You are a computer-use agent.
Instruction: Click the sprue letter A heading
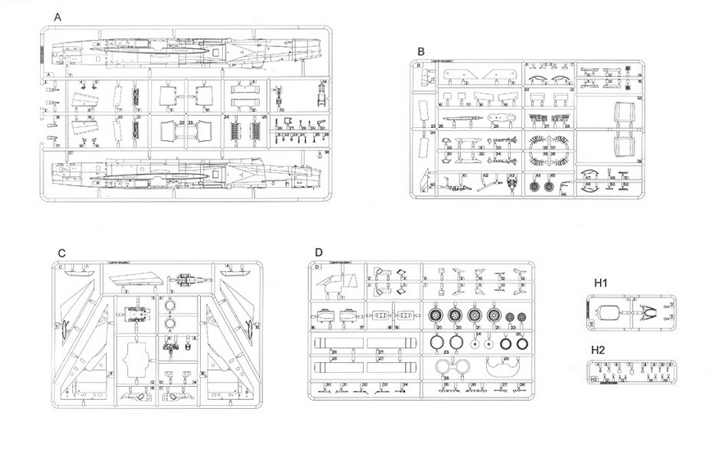(57, 17)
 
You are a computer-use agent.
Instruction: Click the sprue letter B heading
(421, 51)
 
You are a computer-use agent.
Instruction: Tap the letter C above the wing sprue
(61, 253)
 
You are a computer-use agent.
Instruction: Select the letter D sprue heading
(319, 252)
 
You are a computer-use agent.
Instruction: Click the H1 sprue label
(601, 283)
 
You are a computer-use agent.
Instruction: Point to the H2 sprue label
(601, 349)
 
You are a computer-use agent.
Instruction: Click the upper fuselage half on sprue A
(180, 51)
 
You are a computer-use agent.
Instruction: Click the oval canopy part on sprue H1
(611, 312)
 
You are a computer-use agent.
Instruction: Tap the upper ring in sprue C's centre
(170, 305)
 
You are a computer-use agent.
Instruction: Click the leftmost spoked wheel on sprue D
(435, 314)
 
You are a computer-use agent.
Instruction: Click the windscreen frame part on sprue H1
(648, 312)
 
